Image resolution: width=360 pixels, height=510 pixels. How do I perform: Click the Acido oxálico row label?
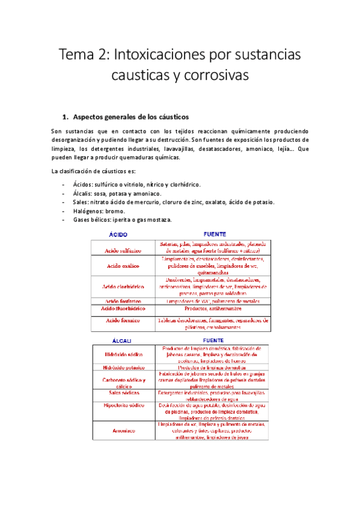(123, 265)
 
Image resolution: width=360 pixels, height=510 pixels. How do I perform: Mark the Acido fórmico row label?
(123, 321)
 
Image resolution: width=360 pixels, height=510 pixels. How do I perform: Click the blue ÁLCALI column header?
(123, 340)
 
